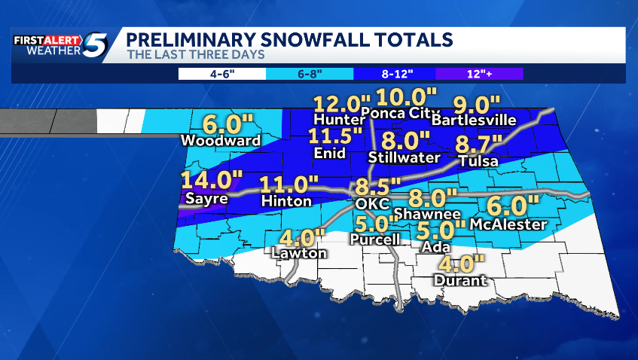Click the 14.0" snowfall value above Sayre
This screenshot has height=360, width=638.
(205, 181)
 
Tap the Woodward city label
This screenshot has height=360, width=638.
(221, 140)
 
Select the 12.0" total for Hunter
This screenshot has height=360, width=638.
(343, 102)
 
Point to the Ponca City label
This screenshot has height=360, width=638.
(392, 114)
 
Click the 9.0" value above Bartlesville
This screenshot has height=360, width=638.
(476, 105)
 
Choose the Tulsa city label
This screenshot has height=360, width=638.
(478, 161)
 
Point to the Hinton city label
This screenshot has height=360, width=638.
(285, 202)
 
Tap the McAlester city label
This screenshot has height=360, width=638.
(507, 224)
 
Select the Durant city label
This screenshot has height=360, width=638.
(460, 281)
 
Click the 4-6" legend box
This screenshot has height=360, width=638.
(221, 74)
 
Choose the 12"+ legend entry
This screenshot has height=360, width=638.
(480, 74)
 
